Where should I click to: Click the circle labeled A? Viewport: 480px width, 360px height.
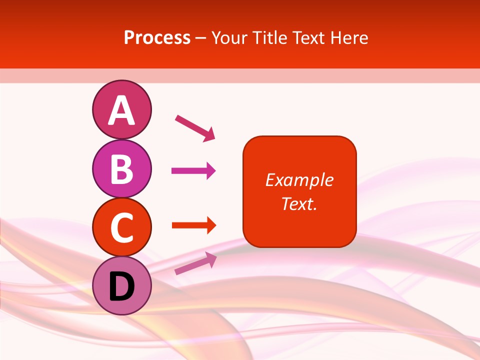point(121,109)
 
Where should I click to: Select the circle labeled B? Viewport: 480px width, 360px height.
point(121,168)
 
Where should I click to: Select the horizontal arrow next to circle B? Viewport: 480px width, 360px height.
point(193,171)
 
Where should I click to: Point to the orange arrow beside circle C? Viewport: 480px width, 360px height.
point(193,225)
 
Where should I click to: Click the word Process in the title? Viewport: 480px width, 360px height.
point(157,37)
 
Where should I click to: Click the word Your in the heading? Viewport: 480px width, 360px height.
point(229,37)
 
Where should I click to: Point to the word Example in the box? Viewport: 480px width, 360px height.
point(299,180)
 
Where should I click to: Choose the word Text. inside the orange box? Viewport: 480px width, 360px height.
point(299,203)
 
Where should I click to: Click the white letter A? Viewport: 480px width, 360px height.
point(121,110)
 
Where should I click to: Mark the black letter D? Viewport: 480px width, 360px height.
point(121,287)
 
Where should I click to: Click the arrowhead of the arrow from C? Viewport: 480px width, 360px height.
point(210,225)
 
